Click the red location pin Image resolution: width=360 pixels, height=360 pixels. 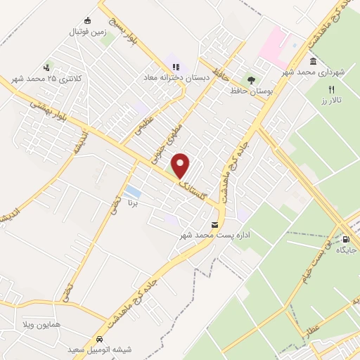tap(181, 165)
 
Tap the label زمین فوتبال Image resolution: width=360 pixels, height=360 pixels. tap(85, 32)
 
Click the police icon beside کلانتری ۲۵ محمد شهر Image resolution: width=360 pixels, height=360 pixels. tap(47, 68)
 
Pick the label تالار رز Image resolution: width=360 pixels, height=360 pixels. tap(331, 101)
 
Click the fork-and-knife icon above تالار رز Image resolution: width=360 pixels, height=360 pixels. tap(330, 89)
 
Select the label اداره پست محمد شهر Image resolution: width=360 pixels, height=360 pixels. tap(214, 234)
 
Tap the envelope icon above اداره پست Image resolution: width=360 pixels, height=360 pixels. tap(214, 224)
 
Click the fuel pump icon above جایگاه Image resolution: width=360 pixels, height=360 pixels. tap(344, 239)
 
